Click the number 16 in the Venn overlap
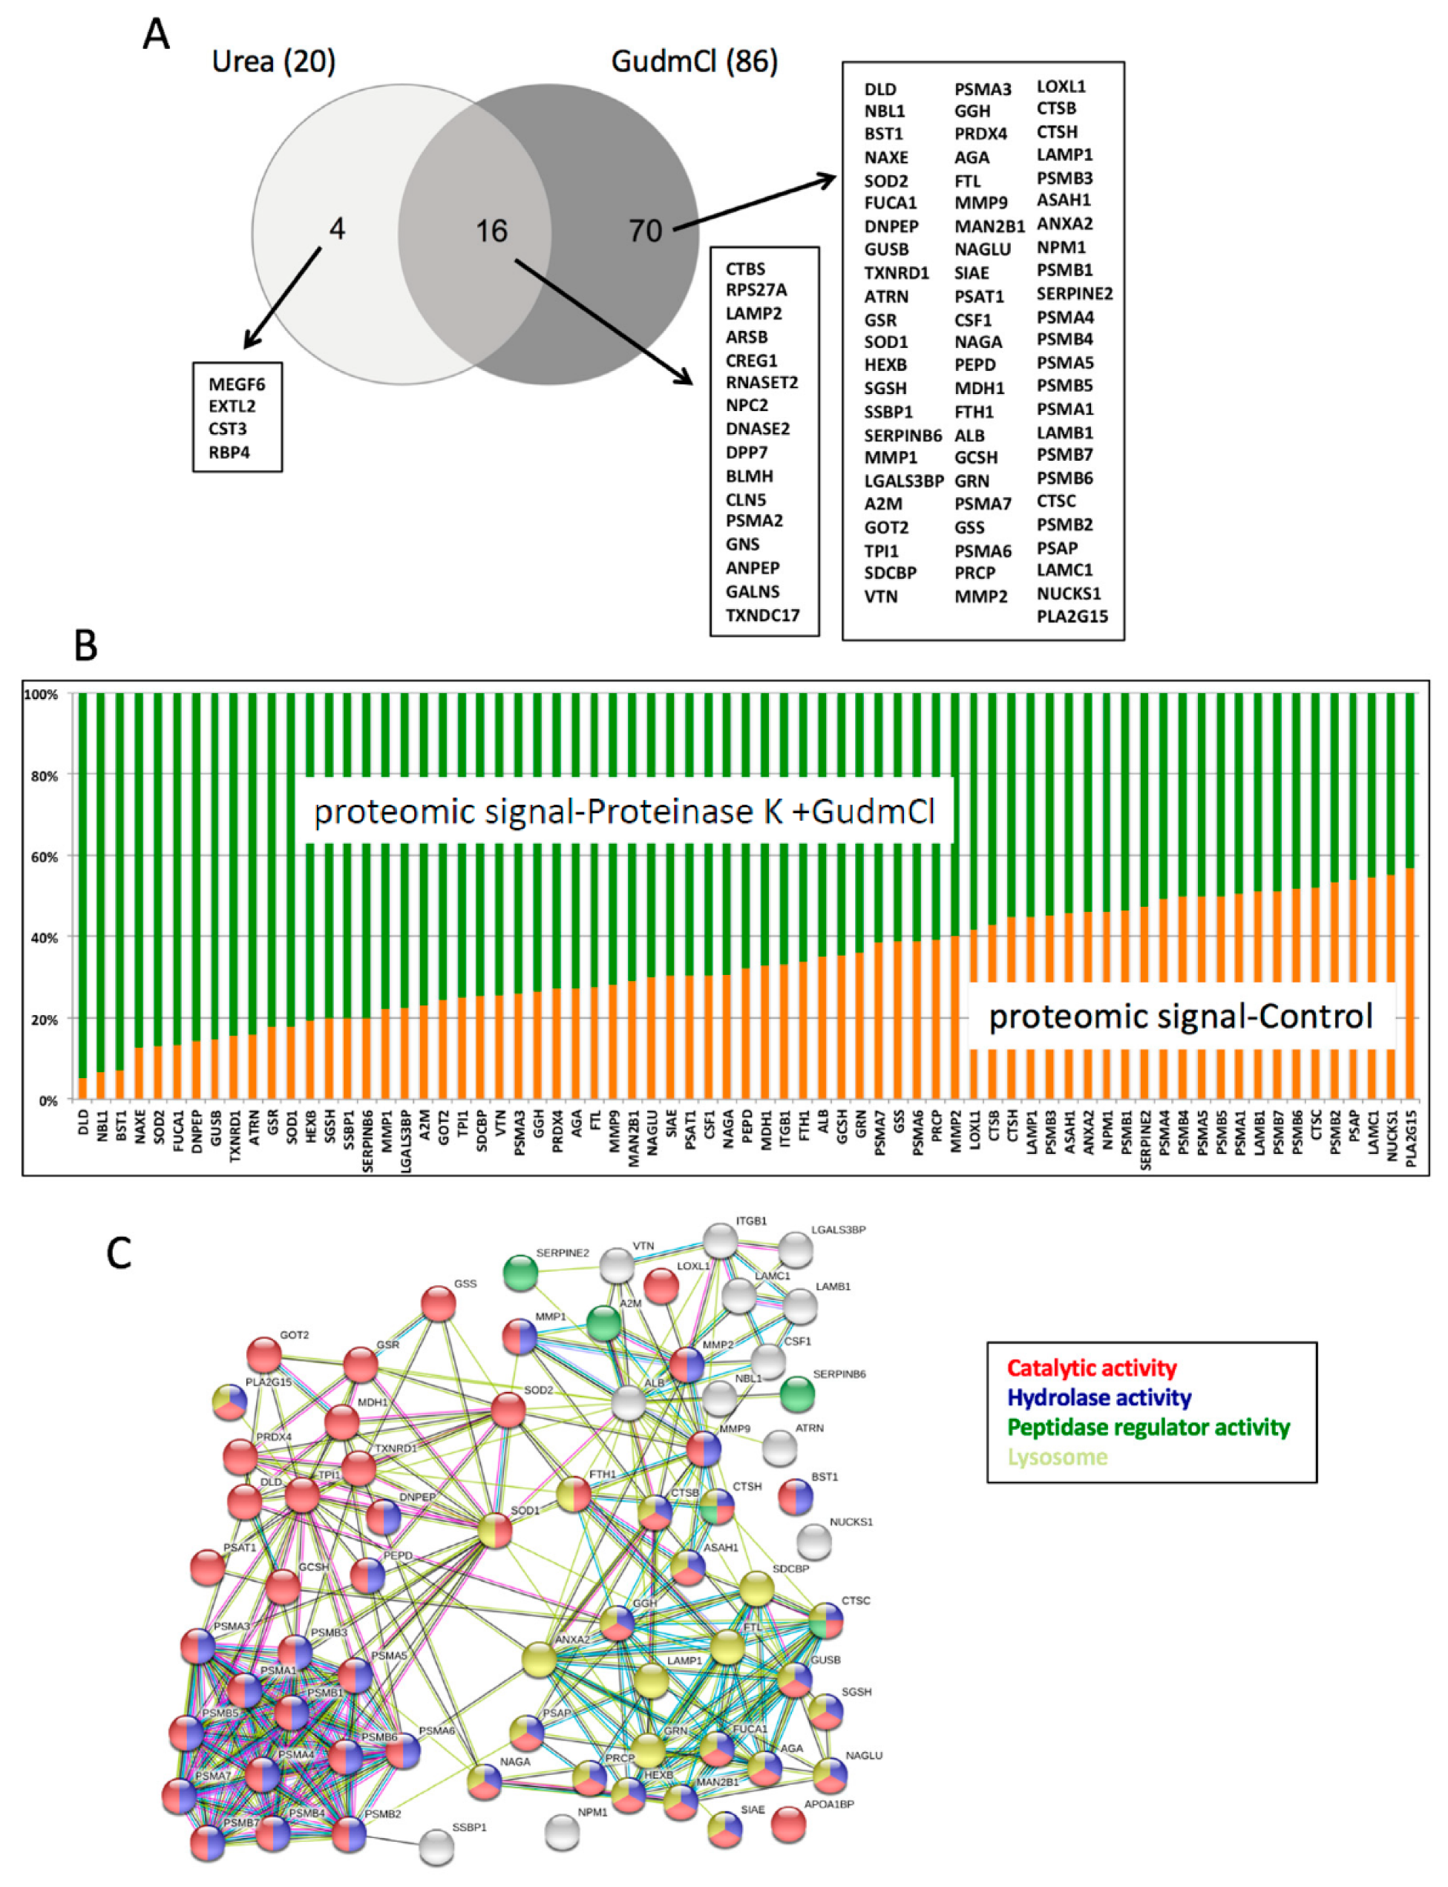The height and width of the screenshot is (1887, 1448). click(x=491, y=231)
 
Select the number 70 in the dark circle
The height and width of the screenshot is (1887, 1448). click(x=645, y=231)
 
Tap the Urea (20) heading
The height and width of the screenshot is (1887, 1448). click(x=273, y=62)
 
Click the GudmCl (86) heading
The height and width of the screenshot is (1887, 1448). click(x=694, y=62)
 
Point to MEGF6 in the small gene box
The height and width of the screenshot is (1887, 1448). click(x=237, y=384)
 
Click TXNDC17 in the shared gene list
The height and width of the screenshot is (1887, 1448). click(x=763, y=615)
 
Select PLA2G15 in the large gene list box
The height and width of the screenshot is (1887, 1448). click(x=1072, y=616)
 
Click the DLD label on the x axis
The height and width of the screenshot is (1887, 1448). click(x=84, y=1123)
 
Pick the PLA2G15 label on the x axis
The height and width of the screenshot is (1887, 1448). click(x=1411, y=1138)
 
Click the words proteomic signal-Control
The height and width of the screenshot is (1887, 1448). click(x=1180, y=1017)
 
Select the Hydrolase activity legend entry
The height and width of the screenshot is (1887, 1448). click(x=1099, y=1397)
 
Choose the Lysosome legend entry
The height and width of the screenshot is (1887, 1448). click(x=1057, y=1457)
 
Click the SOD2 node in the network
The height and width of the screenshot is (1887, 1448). click(x=508, y=1410)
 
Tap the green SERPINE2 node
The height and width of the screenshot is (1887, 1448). click(x=520, y=1273)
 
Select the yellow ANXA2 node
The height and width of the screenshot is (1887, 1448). click(x=540, y=1658)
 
